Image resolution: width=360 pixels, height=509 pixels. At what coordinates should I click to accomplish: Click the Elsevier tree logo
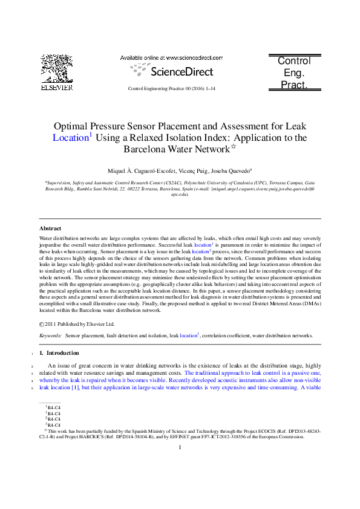point(56,68)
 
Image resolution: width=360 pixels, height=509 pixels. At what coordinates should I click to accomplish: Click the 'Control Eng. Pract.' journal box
point(293,73)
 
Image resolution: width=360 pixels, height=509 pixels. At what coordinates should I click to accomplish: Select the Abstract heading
point(50,229)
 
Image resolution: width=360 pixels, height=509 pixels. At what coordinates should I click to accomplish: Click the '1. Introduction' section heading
point(59,352)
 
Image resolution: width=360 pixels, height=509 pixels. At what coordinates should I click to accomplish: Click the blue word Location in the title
point(71,138)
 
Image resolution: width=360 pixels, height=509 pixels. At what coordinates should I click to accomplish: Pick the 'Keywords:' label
point(50,335)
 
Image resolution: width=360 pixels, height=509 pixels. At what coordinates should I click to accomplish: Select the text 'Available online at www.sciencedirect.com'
point(171,58)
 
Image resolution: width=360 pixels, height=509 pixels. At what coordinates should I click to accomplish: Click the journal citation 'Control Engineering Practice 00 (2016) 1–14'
point(172,89)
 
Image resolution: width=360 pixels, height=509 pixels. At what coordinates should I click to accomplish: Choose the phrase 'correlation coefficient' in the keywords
point(229,335)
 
